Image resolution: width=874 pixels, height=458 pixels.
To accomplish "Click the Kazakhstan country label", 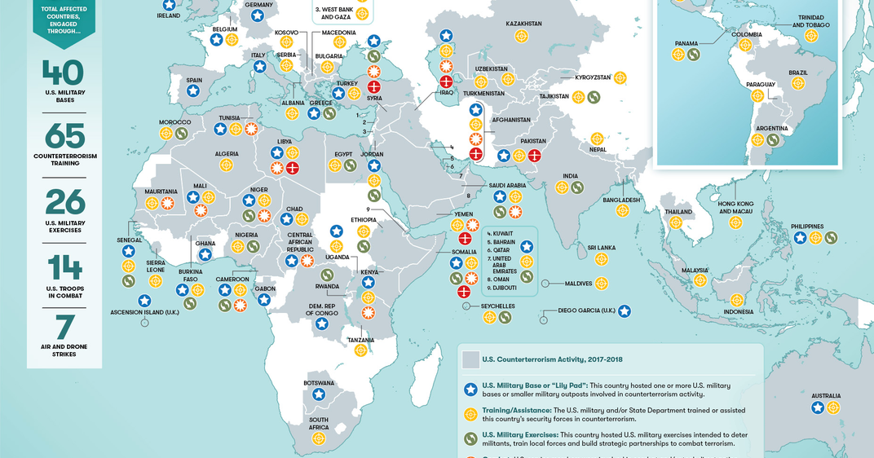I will click(523, 24).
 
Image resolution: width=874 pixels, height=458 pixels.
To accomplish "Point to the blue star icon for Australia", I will click(818, 407).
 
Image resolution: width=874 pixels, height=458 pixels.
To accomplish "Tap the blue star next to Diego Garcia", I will click(624, 310).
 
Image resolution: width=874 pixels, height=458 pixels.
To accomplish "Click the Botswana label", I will click(319, 383).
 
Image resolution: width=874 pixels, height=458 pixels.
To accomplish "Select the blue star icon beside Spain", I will click(193, 91).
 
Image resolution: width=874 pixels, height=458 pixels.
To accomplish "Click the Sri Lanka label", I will click(601, 247).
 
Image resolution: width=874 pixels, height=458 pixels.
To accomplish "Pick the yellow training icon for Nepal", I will click(597, 139).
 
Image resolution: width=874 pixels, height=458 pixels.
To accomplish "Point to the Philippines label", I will click(807, 227).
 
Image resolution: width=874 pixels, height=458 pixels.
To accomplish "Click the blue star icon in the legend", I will click(470, 390).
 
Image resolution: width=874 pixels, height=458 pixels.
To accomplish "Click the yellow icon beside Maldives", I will click(602, 284).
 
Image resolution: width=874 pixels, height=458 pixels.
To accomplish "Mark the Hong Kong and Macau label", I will click(736, 207).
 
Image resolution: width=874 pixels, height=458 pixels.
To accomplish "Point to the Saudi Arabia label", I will click(507, 185).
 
